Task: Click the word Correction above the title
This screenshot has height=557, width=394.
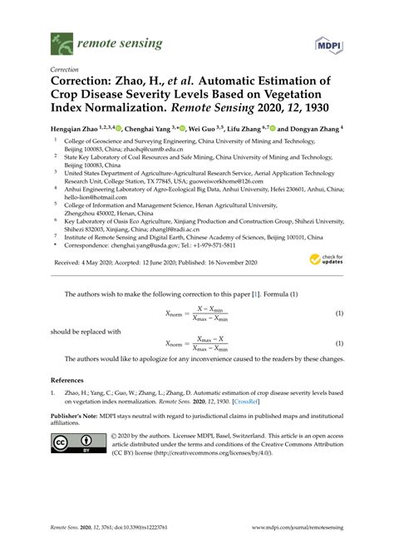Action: click(65, 69)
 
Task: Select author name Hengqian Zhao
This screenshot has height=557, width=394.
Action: click(73, 130)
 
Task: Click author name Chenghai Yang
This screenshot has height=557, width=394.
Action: click(148, 130)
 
